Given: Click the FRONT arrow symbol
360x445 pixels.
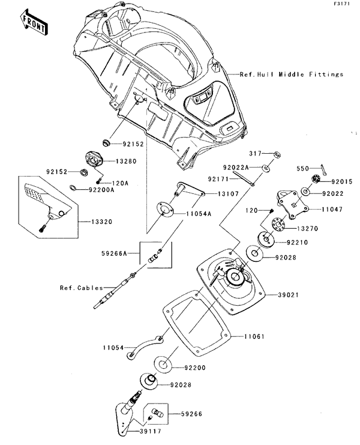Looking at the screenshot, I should pyautogui.click(x=34, y=22).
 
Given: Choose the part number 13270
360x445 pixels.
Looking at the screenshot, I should pyautogui.click(x=307, y=229).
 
